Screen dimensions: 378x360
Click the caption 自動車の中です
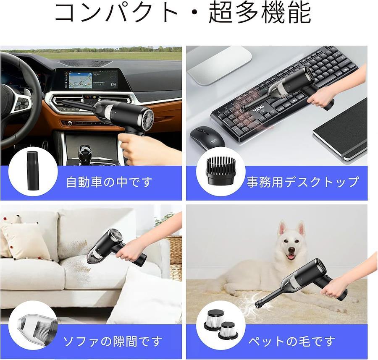[x=109, y=182]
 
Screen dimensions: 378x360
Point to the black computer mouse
[x=207, y=137]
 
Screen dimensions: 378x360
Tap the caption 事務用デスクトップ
[x=302, y=182]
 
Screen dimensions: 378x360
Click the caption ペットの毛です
[x=292, y=341]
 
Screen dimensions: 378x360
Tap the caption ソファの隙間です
[x=112, y=341]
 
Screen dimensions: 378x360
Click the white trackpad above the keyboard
[x=219, y=63]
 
